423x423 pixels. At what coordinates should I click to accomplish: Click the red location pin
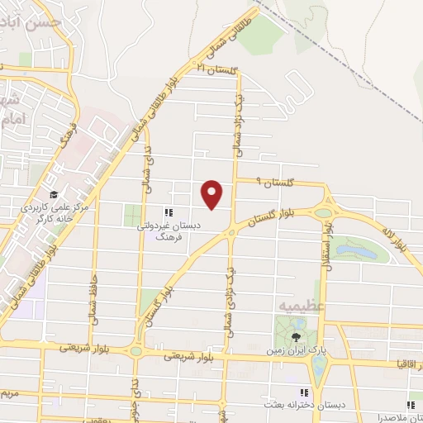pos(213,193)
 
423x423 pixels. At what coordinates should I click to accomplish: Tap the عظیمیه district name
pos(302,306)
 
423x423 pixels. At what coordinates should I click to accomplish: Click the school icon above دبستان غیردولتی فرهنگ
pos(169,212)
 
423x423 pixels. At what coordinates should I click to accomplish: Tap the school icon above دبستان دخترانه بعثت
pos(304,392)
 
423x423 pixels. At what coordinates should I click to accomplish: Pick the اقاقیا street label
pos(410,363)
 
